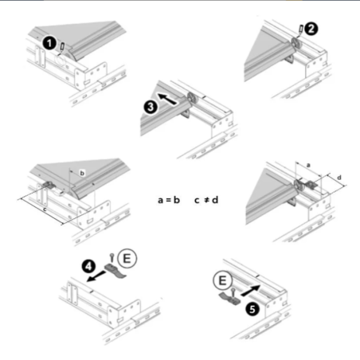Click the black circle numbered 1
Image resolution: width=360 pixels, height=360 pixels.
(x=49, y=43)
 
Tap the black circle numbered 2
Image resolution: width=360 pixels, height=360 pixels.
(x=311, y=29)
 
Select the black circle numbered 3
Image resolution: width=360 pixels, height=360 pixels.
(x=151, y=107)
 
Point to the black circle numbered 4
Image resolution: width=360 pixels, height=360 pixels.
(x=88, y=266)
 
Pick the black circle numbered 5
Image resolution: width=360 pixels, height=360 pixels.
(x=252, y=309)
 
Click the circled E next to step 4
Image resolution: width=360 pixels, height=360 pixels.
(x=127, y=258)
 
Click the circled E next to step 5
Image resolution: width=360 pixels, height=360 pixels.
(x=222, y=280)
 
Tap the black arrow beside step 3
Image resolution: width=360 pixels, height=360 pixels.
(x=167, y=99)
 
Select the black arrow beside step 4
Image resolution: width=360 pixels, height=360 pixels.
(x=96, y=276)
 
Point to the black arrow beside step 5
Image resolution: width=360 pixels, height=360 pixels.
(x=251, y=290)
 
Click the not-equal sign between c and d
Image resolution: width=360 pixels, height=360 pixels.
(x=207, y=200)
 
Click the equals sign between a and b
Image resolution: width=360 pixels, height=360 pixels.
(x=168, y=200)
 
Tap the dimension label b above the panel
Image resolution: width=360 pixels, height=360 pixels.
(x=82, y=173)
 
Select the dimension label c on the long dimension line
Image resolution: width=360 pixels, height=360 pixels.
(x=45, y=209)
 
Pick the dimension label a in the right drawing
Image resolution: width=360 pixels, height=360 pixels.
(x=308, y=166)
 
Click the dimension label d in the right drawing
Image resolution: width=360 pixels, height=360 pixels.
(x=339, y=177)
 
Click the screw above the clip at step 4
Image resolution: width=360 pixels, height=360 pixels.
(x=112, y=258)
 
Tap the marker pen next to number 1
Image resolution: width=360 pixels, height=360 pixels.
(x=61, y=48)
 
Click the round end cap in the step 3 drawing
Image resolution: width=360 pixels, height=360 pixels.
(x=192, y=98)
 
